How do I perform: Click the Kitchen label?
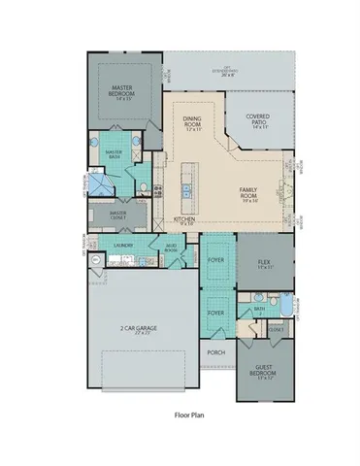[184, 221]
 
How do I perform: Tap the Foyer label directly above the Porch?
[215, 313]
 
